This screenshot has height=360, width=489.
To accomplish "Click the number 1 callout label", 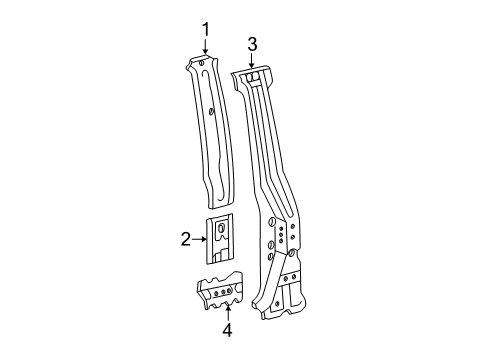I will pyautogui.click(x=206, y=30).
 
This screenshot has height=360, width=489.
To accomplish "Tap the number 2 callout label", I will pyautogui.click(x=186, y=266).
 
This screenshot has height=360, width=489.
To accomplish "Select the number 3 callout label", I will pyautogui.click(x=253, y=44).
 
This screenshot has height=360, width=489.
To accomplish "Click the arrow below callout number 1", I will pyautogui.click(x=206, y=50).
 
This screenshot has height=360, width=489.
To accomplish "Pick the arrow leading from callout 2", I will pyautogui.click(x=200, y=266).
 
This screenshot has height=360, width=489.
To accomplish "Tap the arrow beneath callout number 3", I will pyautogui.click(x=253, y=62).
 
